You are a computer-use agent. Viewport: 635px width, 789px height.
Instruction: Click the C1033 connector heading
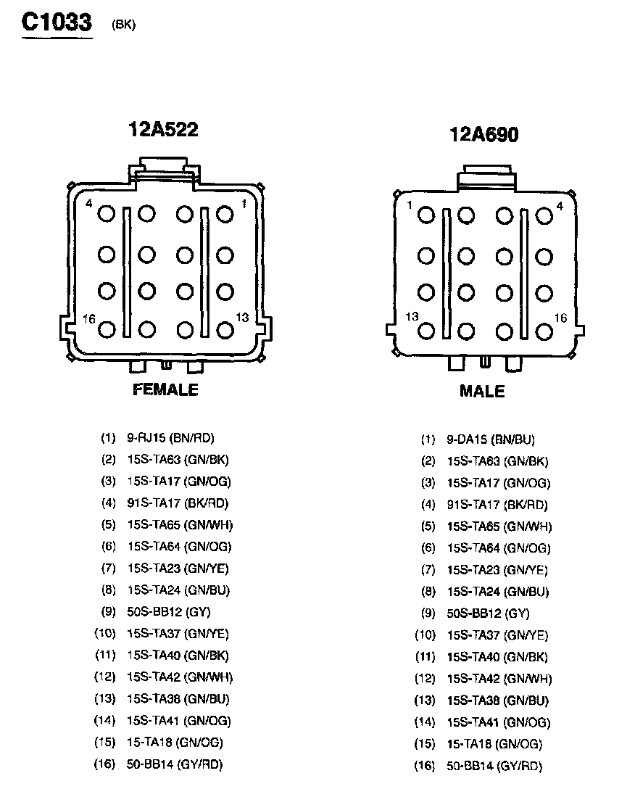57,22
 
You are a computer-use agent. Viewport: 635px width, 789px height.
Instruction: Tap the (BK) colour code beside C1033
123,25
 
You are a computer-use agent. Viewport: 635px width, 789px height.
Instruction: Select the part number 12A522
163,129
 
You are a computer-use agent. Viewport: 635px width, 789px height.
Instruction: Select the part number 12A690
483,134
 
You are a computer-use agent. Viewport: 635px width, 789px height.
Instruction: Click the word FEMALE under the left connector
165,389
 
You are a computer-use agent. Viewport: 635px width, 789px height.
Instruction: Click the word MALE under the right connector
482,392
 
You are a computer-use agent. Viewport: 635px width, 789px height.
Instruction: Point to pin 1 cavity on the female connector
225,214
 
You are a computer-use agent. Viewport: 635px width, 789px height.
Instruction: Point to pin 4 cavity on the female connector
107,214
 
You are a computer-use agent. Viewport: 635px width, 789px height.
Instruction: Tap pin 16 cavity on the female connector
107,330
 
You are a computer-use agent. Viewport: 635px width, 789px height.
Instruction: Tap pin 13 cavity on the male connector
426,331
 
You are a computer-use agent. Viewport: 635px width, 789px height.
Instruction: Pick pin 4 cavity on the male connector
544,215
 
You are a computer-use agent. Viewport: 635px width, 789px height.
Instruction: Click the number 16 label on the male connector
560,318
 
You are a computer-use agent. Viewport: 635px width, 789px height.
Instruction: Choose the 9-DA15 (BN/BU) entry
491,439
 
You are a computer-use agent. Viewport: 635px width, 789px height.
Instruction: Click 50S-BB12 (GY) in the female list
168,611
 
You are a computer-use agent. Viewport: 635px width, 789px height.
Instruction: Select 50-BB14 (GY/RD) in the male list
494,766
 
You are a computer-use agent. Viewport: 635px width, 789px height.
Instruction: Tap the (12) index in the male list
425,679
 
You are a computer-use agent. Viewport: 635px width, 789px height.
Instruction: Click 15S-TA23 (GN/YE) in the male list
497,570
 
